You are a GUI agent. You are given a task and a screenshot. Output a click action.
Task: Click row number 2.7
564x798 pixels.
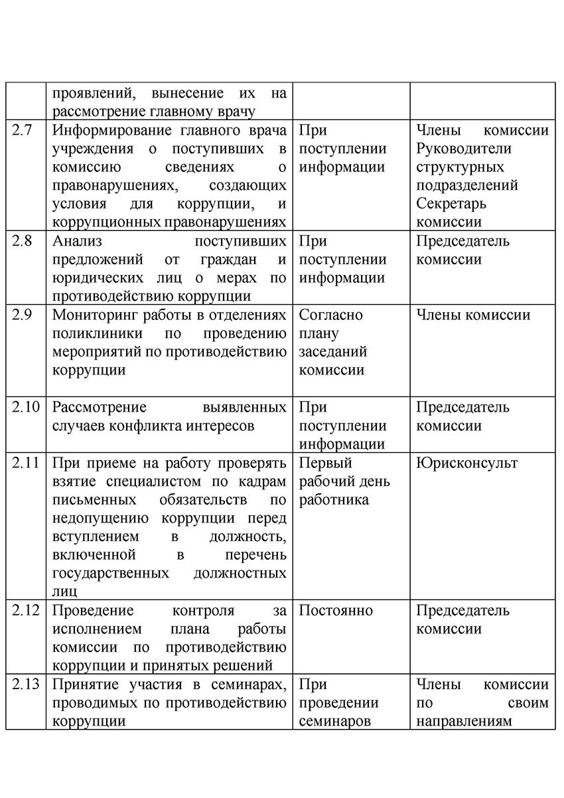[x=23, y=131]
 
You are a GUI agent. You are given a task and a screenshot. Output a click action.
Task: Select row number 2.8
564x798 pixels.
[x=23, y=241]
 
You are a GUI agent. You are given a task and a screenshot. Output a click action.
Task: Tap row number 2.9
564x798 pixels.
[x=23, y=315]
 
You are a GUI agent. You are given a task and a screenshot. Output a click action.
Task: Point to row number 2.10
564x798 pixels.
[x=25, y=407]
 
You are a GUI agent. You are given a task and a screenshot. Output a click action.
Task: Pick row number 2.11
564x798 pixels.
[x=25, y=463]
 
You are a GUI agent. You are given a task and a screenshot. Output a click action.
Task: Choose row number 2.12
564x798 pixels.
[x=25, y=610]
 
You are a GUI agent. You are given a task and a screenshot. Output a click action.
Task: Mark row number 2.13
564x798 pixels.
[x=25, y=684]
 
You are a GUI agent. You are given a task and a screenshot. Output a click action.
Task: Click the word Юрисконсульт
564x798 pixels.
[x=467, y=463]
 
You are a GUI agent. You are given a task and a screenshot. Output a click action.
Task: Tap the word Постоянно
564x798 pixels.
[x=336, y=610]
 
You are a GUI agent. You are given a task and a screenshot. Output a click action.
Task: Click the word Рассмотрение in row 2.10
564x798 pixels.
[x=99, y=407]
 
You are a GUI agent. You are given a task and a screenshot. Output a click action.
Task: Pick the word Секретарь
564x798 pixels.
[x=451, y=204]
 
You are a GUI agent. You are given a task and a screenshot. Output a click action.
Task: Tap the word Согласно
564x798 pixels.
[x=331, y=315]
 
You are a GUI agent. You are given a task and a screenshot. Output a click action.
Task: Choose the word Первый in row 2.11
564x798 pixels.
[x=326, y=463]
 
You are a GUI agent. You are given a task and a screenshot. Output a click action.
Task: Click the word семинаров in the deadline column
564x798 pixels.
[x=335, y=721]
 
